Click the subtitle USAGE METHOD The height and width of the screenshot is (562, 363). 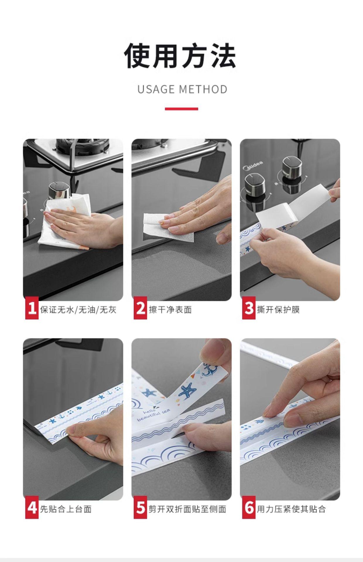click(x=182, y=89)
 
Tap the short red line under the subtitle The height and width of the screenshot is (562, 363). click(x=181, y=109)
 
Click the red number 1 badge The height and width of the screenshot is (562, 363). click(x=32, y=308)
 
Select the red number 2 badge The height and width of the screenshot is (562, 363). click(x=140, y=308)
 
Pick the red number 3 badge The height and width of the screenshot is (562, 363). click(x=249, y=308)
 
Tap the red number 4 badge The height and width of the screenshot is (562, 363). click(x=32, y=508)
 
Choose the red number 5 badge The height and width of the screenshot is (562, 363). click(x=140, y=508)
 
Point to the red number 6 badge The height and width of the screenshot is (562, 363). click(x=249, y=508)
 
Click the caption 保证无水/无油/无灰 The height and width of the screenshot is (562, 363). click(x=78, y=309)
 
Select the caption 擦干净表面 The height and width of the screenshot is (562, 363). click(x=170, y=309)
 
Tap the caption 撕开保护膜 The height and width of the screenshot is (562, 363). click(x=278, y=309)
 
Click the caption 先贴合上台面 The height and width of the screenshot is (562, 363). click(x=66, y=509)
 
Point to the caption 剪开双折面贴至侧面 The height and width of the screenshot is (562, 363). click(x=187, y=509)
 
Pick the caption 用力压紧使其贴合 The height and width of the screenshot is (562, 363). click(x=292, y=509)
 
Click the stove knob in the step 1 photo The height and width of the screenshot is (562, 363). click(x=59, y=190)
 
